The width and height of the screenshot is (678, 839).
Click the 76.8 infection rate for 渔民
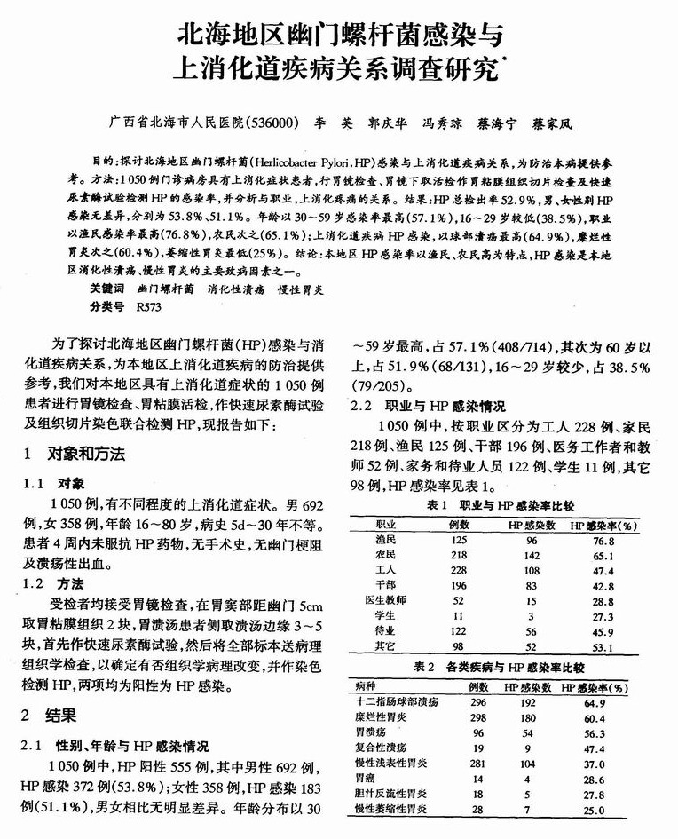pos(603,540)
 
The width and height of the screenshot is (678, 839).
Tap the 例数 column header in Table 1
pos(459,525)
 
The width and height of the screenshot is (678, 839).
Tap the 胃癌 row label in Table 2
pos(366,778)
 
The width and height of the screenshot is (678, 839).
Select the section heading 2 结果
pos(51,715)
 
